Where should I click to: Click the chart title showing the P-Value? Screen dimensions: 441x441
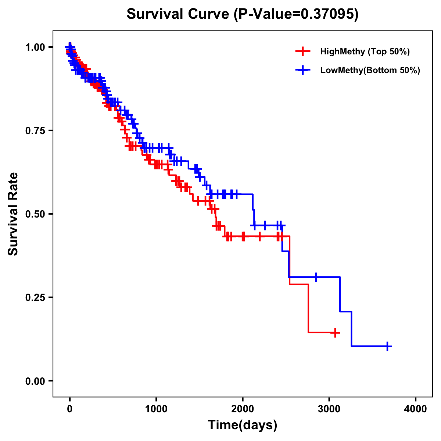[x=242, y=14]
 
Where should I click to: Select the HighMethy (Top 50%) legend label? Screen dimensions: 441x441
[x=365, y=51]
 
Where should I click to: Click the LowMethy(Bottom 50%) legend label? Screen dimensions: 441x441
[x=370, y=70]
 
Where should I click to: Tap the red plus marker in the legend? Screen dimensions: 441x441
[x=302, y=51]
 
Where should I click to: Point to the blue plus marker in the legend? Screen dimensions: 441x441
[x=302, y=70]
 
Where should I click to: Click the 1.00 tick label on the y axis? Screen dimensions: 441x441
[x=35, y=47]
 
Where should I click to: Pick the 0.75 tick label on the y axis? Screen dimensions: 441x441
[x=35, y=131]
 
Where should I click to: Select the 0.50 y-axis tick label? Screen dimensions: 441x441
[x=35, y=214]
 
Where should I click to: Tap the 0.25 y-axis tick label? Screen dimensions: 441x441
[x=35, y=298]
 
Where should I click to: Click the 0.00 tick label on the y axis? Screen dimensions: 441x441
[x=35, y=381]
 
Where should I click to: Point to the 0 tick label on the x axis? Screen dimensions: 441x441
[x=70, y=409]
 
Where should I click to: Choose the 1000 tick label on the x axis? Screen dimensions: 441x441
[x=156, y=409]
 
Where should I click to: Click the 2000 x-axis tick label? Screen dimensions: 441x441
[x=243, y=409]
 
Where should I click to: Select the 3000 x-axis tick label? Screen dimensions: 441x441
[x=329, y=409]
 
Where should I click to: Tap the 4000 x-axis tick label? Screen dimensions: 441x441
[x=416, y=409]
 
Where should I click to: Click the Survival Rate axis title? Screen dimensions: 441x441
[x=13, y=214]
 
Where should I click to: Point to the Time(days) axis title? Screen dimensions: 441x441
[x=243, y=425]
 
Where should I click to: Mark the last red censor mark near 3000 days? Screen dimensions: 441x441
[x=335, y=333]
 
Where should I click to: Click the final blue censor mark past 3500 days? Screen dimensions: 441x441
[x=387, y=346]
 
